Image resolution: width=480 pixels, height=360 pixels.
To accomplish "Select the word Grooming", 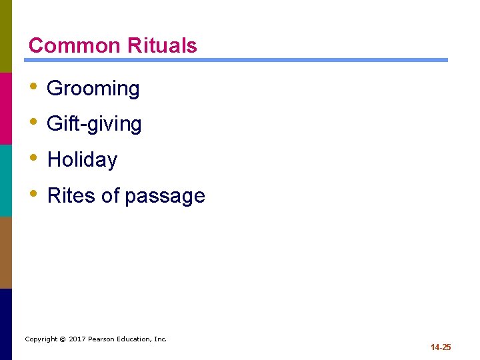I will click(x=93, y=89).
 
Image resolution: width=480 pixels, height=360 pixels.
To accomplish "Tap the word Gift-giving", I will click(x=95, y=124).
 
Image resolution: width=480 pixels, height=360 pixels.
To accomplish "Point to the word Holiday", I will click(x=83, y=160).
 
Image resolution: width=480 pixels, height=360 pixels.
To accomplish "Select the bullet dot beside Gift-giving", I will click(x=34, y=123).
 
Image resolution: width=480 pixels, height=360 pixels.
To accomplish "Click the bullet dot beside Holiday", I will click(x=34, y=159).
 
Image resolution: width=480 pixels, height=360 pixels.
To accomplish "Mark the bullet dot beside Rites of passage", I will click(x=34, y=195).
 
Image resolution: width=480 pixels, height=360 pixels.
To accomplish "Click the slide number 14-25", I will click(x=441, y=347).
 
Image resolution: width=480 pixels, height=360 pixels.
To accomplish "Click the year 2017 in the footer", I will click(x=77, y=339).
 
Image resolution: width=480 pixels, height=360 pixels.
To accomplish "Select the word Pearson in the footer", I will click(x=101, y=339).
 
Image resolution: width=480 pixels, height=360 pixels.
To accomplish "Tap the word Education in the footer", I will click(x=135, y=339).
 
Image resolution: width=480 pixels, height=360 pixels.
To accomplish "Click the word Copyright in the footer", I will click(x=41, y=339).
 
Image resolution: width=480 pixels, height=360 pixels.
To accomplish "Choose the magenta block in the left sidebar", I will click(x=6, y=108).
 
